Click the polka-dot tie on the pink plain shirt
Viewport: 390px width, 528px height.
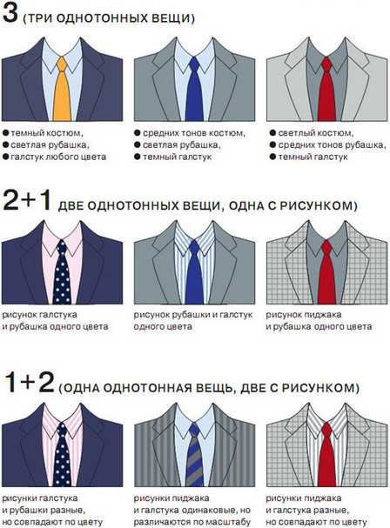(62, 272)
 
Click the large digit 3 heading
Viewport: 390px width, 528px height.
(10, 13)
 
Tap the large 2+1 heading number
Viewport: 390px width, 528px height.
(27, 200)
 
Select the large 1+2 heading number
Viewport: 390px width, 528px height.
(29, 382)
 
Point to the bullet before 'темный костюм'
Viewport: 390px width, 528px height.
(5, 133)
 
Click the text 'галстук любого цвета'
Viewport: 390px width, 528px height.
(58, 157)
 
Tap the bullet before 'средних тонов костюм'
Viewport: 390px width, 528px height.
(138, 133)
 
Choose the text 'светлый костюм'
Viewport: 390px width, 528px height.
(316, 133)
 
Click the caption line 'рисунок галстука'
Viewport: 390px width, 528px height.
(40, 315)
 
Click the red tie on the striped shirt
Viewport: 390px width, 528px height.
(326, 455)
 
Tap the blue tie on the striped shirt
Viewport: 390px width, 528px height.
(194, 272)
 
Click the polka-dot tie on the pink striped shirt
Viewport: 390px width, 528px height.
(62, 455)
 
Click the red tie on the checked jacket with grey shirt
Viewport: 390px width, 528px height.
(326, 272)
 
